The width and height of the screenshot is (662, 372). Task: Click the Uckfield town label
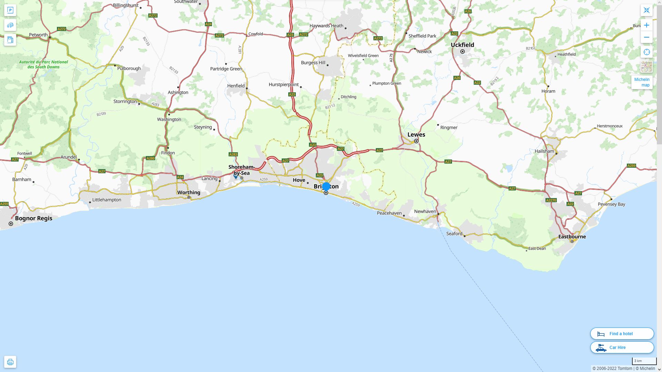[x=462, y=45]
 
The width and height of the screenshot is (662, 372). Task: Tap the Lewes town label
[x=416, y=135]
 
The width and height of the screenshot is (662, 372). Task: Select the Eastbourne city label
[x=572, y=237]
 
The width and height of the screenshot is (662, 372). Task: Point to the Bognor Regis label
[x=34, y=218]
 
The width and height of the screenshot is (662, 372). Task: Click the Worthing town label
[x=189, y=193]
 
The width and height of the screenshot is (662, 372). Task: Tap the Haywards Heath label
[x=326, y=26]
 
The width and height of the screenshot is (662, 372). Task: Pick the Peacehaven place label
[x=389, y=213]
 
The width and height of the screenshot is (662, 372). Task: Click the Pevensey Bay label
[x=611, y=204]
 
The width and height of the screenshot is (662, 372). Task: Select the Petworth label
[x=38, y=35]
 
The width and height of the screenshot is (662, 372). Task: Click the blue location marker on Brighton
[x=326, y=186]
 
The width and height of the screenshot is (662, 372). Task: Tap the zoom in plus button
[x=646, y=25]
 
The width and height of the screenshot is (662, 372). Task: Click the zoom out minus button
[x=646, y=37]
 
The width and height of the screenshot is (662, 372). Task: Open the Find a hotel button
[x=622, y=334]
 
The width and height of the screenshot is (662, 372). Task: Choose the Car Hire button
[x=622, y=348]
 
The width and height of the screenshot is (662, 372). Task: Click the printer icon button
[x=10, y=362]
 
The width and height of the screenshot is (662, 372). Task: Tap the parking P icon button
[x=10, y=10]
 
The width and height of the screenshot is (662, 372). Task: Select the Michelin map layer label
[x=642, y=82]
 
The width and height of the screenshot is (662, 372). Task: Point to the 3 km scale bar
[x=644, y=361]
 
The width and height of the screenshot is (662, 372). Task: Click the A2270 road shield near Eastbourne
[x=551, y=200]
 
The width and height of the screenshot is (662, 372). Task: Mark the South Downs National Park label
[x=43, y=64]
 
